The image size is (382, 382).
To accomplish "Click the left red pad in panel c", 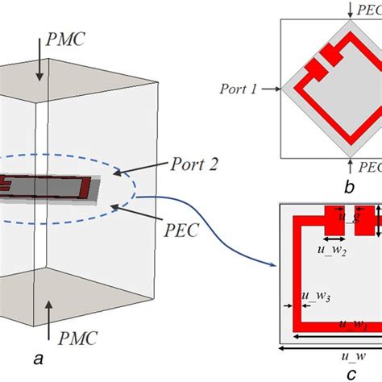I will coord(334,220).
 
